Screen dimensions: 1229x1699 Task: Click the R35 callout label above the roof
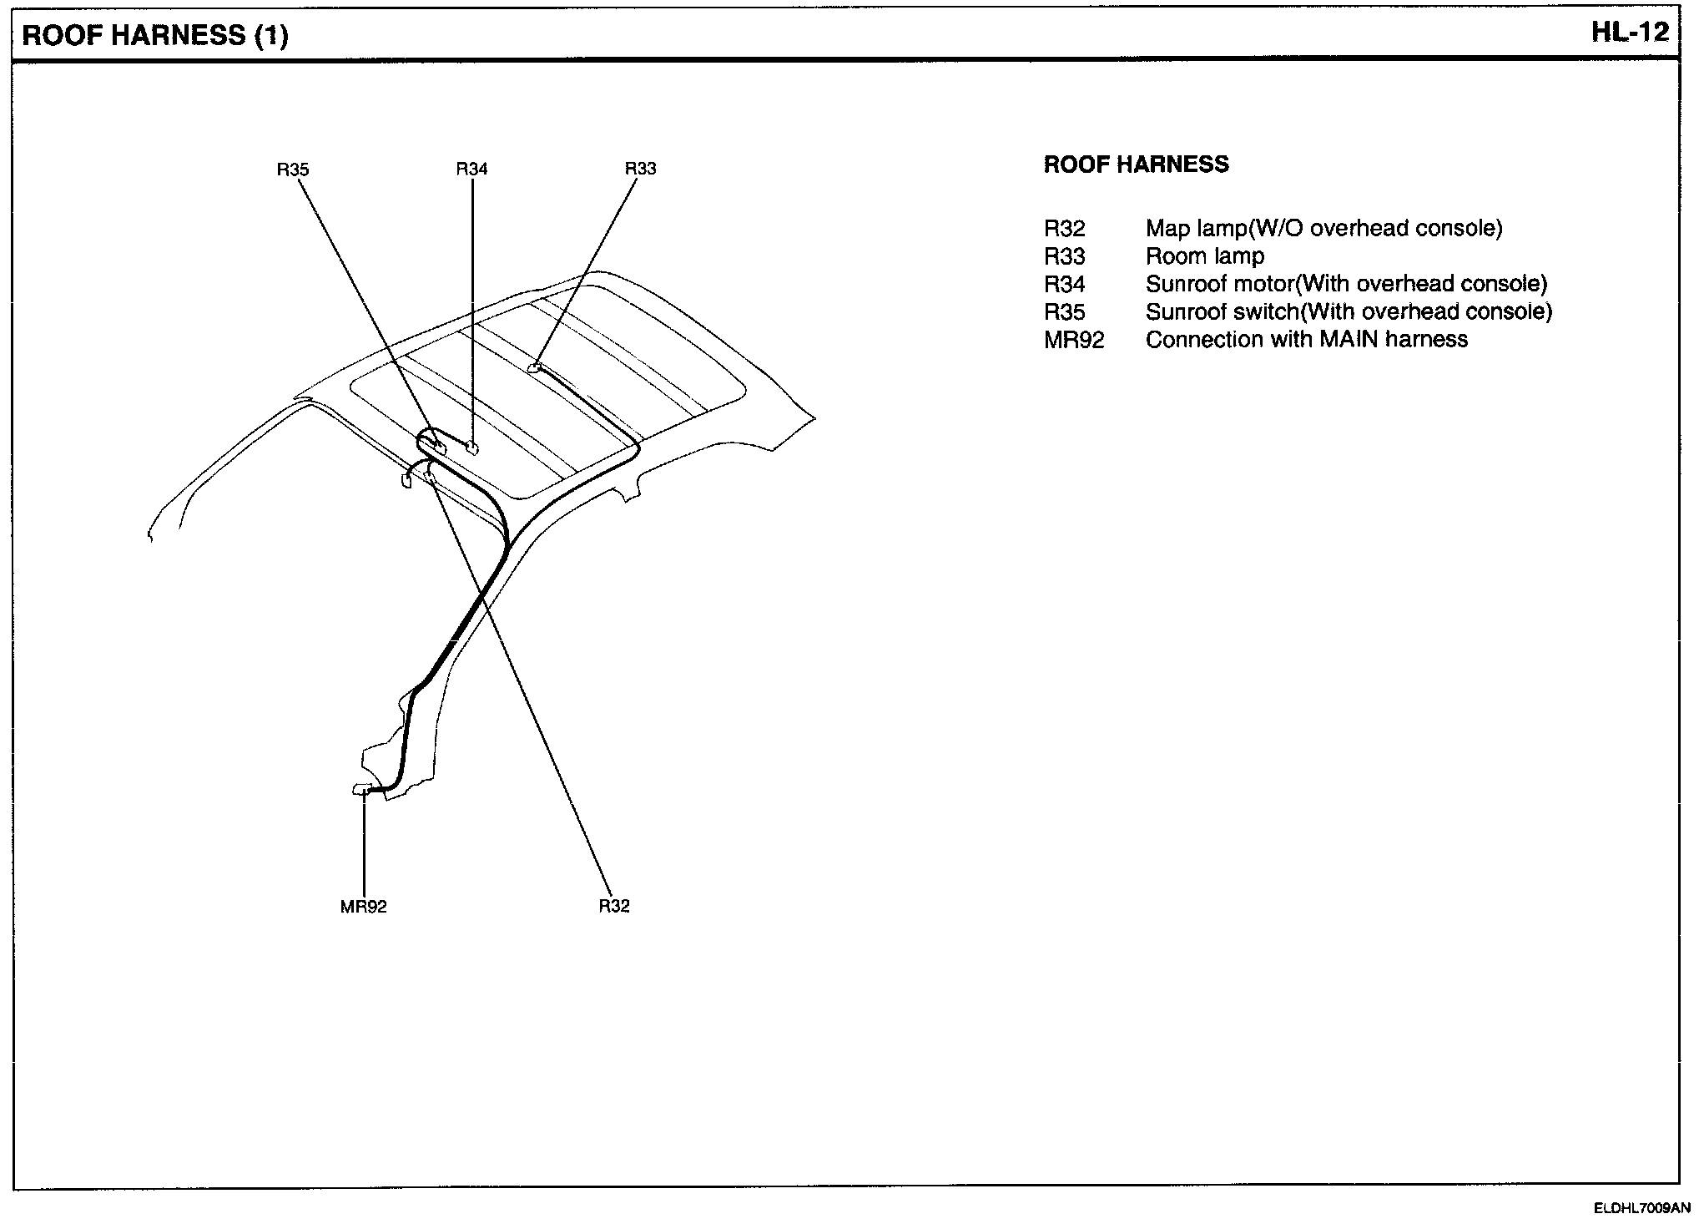[x=293, y=169]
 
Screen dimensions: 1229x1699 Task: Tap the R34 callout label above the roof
[x=471, y=169]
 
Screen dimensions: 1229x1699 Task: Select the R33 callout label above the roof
[x=640, y=169]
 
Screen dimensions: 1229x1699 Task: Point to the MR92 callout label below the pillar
[x=363, y=907]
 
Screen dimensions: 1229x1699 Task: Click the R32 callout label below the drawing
[x=613, y=906]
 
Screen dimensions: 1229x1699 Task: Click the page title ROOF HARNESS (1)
[x=155, y=35]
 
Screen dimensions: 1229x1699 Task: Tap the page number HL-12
[x=1630, y=33]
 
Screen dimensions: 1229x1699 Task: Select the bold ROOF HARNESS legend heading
[x=1136, y=164]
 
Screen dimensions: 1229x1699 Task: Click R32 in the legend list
[x=1064, y=229]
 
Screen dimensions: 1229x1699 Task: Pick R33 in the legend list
[x=1064, y=256]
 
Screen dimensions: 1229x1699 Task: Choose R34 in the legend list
[x=1064, y=285]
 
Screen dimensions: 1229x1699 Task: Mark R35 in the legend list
[x=1064, y=312]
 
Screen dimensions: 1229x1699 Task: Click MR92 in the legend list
[x=1074, y=340]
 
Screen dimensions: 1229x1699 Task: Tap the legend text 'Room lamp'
[x=1204, y=256]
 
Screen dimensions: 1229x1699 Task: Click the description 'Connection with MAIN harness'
[x=1306, y=340]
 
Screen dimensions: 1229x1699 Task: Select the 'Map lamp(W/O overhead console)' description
[x=1323, y=229]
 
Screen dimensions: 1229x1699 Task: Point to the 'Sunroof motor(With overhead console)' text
[x=1346, y=285]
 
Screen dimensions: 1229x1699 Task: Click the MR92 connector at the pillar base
[x=363, y=789]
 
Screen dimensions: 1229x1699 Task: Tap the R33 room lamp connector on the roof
[x=535, y=367]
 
